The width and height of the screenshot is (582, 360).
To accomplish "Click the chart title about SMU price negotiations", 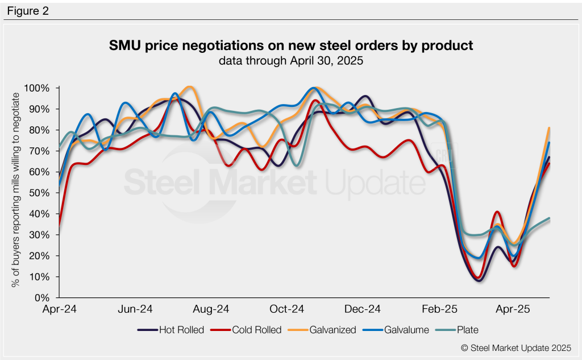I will (290, 45).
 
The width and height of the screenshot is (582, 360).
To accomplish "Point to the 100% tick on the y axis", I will (38, 88).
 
